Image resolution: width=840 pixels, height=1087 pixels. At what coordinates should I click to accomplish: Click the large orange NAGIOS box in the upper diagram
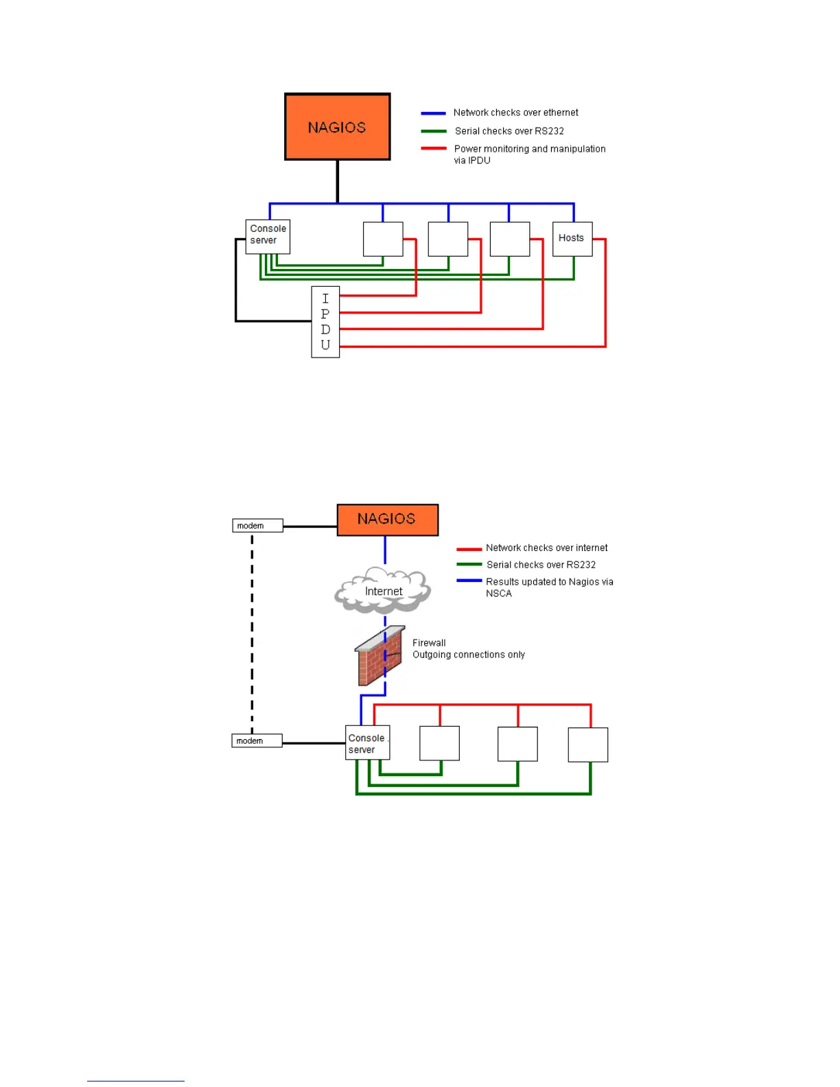(337, 127)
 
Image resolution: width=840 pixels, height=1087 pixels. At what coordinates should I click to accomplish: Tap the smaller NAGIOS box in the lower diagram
(387, 519)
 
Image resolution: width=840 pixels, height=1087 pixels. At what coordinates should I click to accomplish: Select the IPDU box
(325, 322)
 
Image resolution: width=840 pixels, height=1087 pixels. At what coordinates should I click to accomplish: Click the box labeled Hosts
(572, 239)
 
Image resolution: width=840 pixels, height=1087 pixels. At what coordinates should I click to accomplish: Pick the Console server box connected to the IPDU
(268, 236)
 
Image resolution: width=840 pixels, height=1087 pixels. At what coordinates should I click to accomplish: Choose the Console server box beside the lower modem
(367, 743)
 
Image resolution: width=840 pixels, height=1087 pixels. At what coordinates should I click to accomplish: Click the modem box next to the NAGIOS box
(257, 526)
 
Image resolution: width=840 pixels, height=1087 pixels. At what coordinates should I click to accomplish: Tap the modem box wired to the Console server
(257, 741)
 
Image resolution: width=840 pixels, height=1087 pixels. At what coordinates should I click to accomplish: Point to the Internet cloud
(382, 590)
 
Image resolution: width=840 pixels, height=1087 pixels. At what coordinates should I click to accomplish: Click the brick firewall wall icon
(379, 657)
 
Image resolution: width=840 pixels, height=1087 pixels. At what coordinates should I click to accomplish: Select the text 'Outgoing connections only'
(469, 655)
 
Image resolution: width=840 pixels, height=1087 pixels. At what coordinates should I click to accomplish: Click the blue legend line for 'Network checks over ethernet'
(433, 113)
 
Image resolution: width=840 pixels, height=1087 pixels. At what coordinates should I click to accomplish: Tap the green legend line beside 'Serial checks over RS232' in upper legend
(433, 131)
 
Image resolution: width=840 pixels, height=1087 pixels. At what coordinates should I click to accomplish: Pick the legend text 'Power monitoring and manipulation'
(529, 149)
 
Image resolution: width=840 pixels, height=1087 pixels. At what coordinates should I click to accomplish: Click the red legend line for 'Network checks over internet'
(469, 549)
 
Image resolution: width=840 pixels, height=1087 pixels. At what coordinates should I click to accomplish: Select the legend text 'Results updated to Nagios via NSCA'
(549, 587)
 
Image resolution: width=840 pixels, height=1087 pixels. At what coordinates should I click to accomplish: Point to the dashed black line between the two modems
(252, 631)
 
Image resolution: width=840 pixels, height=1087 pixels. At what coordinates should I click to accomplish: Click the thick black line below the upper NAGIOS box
(337, 181)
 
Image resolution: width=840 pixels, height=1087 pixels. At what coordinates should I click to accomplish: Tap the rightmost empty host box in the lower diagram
(588, 745)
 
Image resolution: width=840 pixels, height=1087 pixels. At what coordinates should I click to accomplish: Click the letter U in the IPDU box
(325, 345)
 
